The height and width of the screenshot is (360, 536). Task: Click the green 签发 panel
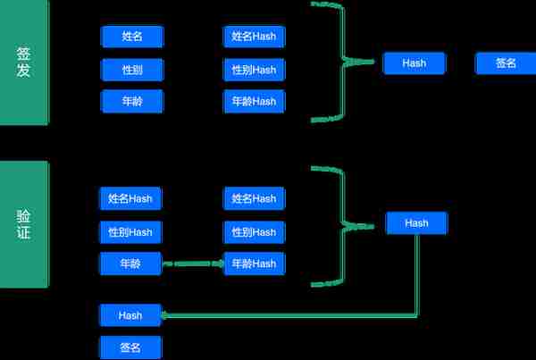click(x=24, y=62)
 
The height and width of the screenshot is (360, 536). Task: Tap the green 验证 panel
click(x=24, y=224)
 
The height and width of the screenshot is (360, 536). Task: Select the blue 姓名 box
click(x=132, y=37)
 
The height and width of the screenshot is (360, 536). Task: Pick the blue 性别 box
click(x=132, y=70)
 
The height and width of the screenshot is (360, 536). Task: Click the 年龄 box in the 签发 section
click(x=132, y=101)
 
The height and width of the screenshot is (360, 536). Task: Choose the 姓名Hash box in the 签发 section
click(x=254, y=37)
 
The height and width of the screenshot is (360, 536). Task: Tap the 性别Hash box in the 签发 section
click(x=254, y=70)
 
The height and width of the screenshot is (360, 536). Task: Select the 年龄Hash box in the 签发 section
click(x=254, y=101)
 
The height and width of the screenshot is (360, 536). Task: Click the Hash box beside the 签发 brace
click(x=415, y=63)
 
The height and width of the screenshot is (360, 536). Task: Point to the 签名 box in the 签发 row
click(x=506, y=63)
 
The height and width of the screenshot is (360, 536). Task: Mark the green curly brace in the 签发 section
click(x=343, y=62)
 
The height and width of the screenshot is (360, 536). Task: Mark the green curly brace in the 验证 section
click(x=343, y=226)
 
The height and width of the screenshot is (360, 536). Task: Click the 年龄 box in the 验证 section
click(x=130, y=264)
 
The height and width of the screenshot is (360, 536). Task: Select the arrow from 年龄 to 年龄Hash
click(x=193, y=264)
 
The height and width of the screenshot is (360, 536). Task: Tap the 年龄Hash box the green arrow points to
click(x=254, y=264)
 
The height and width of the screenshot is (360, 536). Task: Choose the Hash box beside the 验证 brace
click(x=416, y=223)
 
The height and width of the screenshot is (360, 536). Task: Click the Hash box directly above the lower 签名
click(x=130, y=315)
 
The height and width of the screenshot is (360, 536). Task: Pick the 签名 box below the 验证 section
click(x=130, y=347)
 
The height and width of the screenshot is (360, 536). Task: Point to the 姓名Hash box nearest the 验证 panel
click(x=130, y=198)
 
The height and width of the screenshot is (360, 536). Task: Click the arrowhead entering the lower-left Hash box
click(x=164, y=315)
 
